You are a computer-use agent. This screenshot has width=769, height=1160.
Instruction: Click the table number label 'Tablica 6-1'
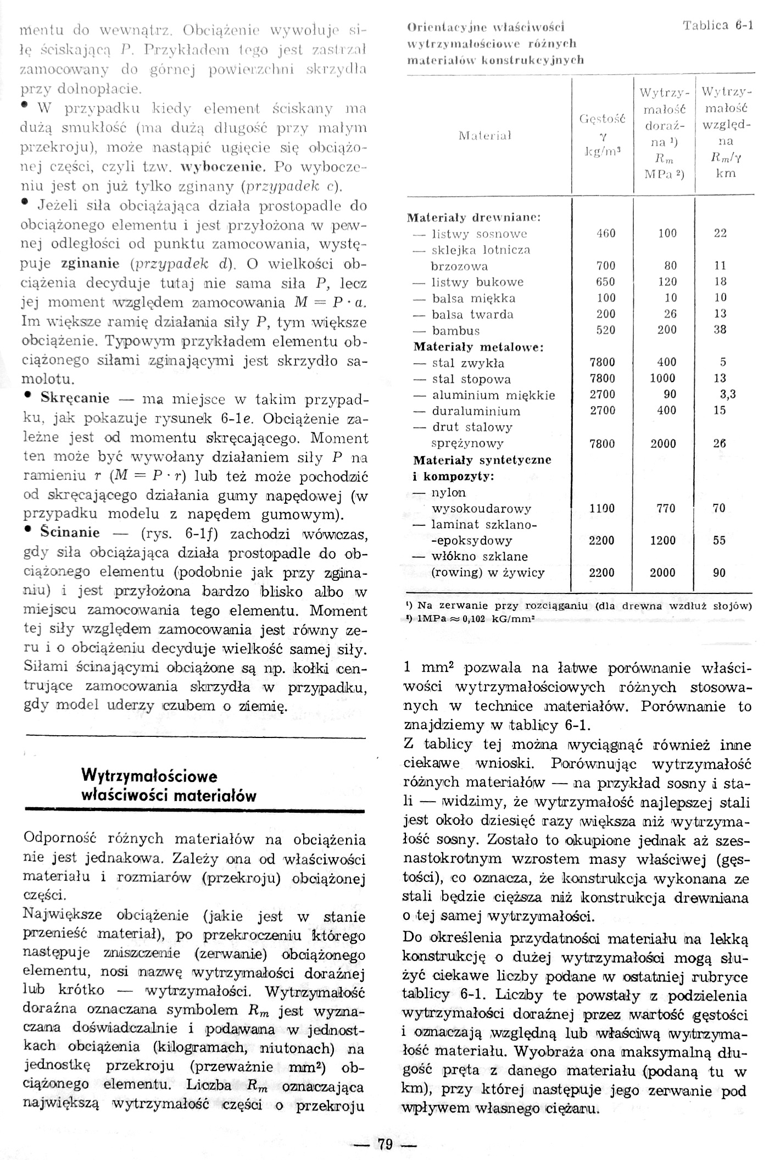click(x=717, y=26)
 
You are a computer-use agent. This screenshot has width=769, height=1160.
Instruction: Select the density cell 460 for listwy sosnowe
click(x=606, y=234)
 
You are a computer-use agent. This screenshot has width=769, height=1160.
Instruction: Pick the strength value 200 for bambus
click(x=666, y=330)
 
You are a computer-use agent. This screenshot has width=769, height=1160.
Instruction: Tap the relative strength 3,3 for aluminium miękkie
click(x=727, y=395)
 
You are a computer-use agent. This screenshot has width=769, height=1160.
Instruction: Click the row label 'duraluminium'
click(x=476, y=411)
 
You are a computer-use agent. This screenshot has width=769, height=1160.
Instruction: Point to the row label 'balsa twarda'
click(x=472, y=314)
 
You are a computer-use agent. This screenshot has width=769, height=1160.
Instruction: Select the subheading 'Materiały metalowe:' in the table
click(x=478, y=347)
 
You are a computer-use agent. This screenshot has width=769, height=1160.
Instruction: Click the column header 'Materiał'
click(x=485, y=136)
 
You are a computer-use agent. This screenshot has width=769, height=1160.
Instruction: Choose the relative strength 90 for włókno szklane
click(x=719, y=573)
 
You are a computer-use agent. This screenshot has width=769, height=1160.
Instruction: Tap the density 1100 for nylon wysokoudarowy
click(x=602, y=508)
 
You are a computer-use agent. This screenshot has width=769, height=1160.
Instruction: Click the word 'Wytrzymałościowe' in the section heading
click(x=149, y=776)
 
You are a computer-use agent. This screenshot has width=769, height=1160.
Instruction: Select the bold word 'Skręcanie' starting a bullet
click(x=75, y=398)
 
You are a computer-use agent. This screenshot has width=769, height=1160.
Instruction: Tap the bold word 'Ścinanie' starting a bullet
click(x=70, y=532)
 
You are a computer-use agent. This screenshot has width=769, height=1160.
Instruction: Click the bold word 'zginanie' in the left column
click(x=90, y=263)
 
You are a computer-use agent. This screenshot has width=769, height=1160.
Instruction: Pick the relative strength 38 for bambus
click(x=720, y=330)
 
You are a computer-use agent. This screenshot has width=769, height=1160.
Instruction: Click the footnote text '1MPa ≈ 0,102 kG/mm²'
click(x=476, y=618)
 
